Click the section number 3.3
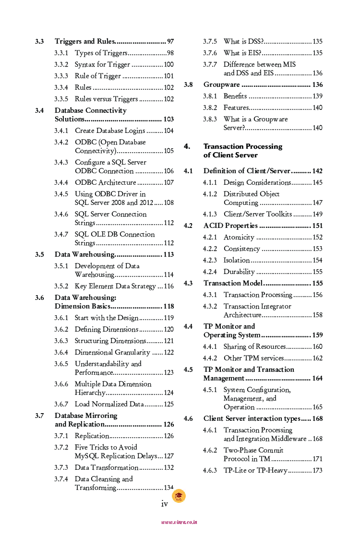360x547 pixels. click(39, 42)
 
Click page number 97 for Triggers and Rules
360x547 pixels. click(170, 42)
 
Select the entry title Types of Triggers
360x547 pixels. click(101, 53)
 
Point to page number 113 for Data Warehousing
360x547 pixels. click(168, 255)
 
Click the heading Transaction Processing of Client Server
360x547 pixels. click(242, 151)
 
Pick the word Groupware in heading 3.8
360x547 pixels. click(221, 85)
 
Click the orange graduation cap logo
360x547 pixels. click(179, 496)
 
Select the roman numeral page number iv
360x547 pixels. click(164, 504)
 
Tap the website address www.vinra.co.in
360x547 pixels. click(179, 522)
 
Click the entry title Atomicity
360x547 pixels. click(239, 238)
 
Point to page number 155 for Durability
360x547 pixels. click(317, 272)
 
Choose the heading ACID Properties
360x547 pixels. click(230, 226)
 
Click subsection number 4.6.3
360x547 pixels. click(210, 471)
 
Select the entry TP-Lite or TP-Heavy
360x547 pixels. click(255, 471)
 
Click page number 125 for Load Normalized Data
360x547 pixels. click(168, 404)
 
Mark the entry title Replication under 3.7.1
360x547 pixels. click(92, 436)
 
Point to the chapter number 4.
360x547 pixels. click(187, 146)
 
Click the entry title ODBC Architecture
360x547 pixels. click(105, 183)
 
